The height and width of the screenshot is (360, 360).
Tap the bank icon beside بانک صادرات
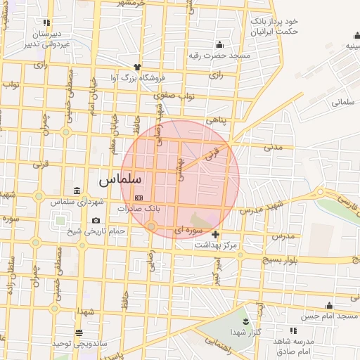139,198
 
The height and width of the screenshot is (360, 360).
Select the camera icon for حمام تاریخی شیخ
96,221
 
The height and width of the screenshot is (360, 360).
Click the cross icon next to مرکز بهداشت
215,234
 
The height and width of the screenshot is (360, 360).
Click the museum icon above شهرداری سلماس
77,191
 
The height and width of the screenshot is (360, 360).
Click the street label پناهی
217,121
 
